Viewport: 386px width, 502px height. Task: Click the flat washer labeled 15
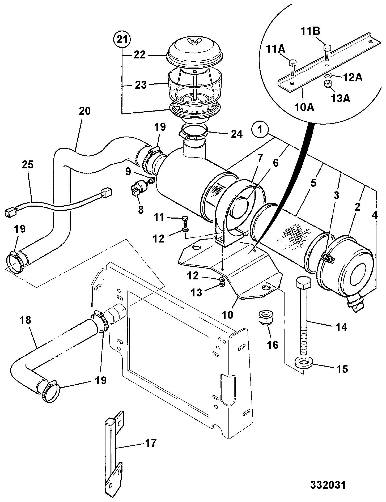303,363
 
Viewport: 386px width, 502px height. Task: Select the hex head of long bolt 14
303,284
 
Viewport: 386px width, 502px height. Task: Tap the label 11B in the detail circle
311,31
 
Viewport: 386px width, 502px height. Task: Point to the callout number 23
141,85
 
